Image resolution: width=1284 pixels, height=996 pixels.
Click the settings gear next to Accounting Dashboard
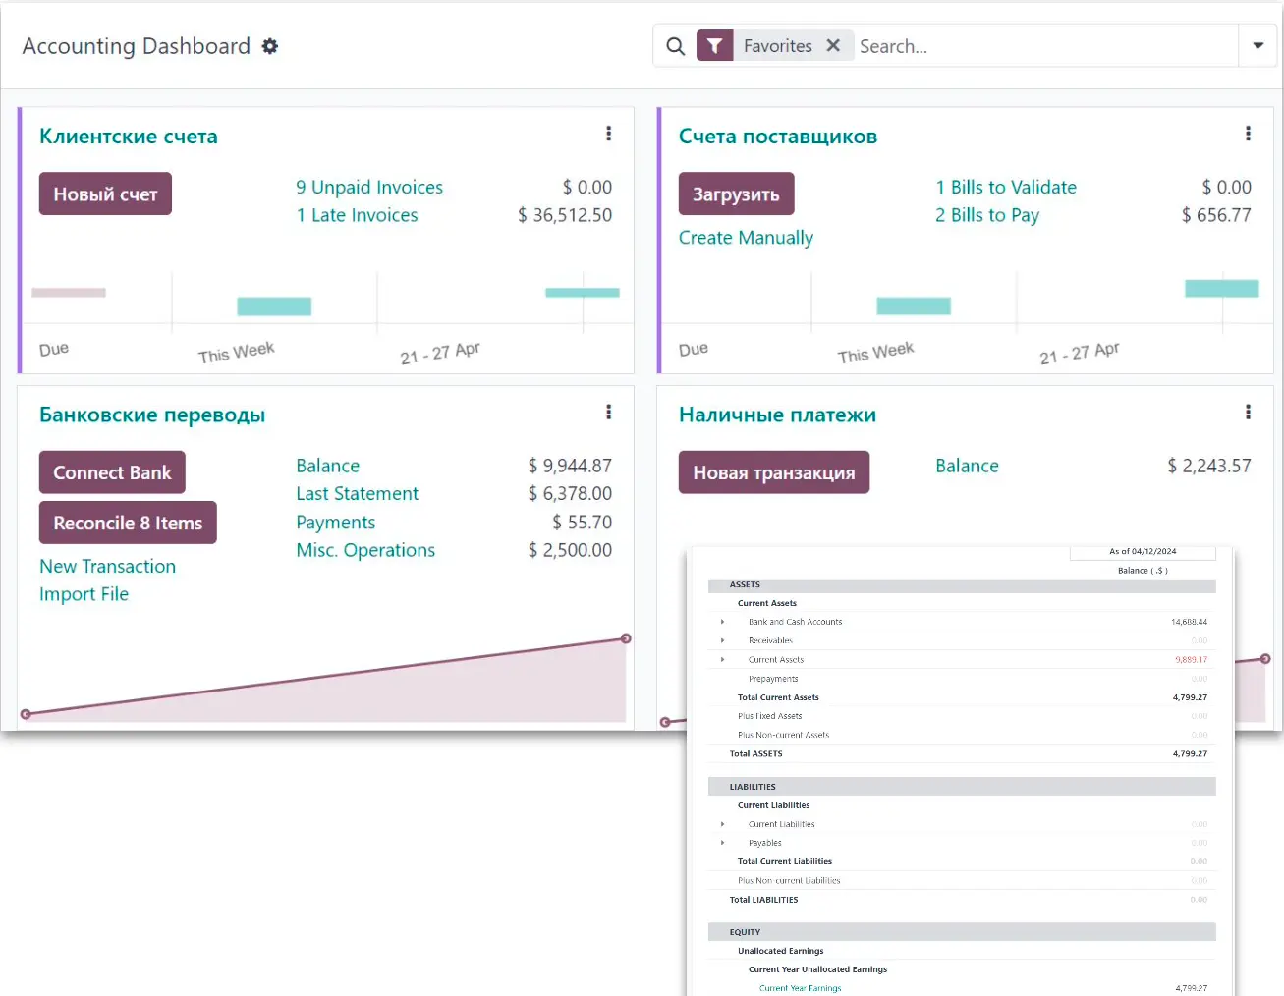[270, 46]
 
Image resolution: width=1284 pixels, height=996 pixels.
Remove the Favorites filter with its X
[833, 45]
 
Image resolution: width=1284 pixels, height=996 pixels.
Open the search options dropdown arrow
[1257, 45]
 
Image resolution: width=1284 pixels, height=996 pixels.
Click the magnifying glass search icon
[675, 46]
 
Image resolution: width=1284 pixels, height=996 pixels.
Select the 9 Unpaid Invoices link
[369, 187]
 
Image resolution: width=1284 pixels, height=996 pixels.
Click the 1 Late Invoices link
[357, 215]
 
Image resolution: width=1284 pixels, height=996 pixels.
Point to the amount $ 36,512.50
[565, 215]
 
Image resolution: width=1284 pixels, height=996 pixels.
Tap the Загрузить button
[736, 194]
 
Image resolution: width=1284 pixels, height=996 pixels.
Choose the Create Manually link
[746, 238]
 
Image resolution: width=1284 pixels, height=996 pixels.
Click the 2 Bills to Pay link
[986, 215]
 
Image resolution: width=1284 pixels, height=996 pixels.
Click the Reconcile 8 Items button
[128, 523]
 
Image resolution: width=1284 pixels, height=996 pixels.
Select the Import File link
[84, 594]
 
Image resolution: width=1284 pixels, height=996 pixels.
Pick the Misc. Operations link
[365, 550]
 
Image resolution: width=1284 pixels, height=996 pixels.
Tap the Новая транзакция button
[773, 472]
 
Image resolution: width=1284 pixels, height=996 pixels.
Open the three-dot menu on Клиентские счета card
[608, 134]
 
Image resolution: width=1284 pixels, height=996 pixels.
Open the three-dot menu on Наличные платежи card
[1248, 413]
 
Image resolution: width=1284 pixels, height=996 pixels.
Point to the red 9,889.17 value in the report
[1191, 660]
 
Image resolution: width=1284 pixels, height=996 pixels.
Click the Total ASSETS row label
[755, 754]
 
